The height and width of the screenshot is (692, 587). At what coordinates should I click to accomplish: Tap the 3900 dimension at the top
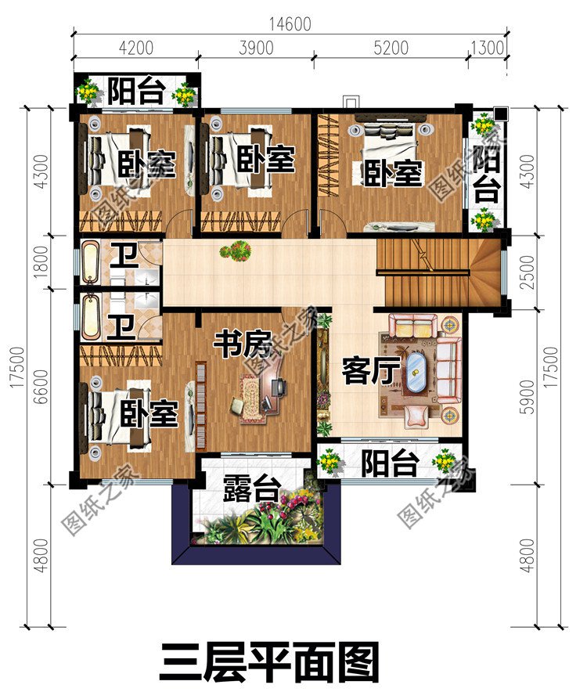pyautogui.click(x=254, y=48)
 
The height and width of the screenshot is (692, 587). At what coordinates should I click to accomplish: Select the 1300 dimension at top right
pyautogui.click(x=487, y=48)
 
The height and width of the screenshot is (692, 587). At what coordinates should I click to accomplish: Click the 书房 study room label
pyautogui.click(x=243, y=344)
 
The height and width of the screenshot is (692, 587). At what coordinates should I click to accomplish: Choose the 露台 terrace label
pyautogui.click(x=251, y=490)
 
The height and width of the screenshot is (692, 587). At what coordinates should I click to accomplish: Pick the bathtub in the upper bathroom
pyautogui.click(x=91, y=263)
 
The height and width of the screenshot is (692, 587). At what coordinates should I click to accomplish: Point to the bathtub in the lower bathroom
pyautogui.click(x=91, y=315)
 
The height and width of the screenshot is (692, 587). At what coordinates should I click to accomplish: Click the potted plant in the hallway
pyautogui.click(x=235, y=251)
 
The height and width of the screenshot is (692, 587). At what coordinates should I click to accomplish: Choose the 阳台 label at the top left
pyautogui.click(x=135, y=92)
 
